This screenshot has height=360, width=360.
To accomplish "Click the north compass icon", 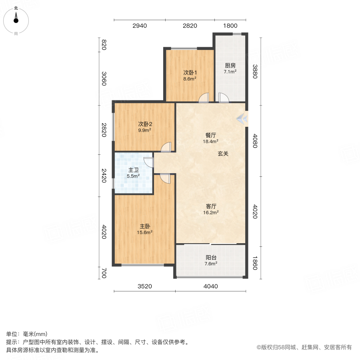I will (x=16, y=18).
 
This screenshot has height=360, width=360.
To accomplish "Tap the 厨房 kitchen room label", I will (x=230, y=66).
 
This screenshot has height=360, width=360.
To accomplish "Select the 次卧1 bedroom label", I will (x=190, y=73).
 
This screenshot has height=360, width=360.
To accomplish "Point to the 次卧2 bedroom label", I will (x=145, y=124).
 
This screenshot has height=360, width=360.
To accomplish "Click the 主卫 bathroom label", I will (x=134, y=170).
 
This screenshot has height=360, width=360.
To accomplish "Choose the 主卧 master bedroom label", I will (x=145, y=226).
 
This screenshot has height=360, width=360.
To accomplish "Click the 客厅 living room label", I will (x=211, y=206).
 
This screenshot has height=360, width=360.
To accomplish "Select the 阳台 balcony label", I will (x=211, y=258).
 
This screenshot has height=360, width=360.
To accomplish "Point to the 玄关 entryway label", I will (x=223, y=154).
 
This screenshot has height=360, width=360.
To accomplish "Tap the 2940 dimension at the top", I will (x=140, y=26).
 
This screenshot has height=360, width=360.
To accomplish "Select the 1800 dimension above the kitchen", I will (x=230, y=26).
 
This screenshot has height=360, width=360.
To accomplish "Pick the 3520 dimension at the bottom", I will (x=145, y=286).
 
